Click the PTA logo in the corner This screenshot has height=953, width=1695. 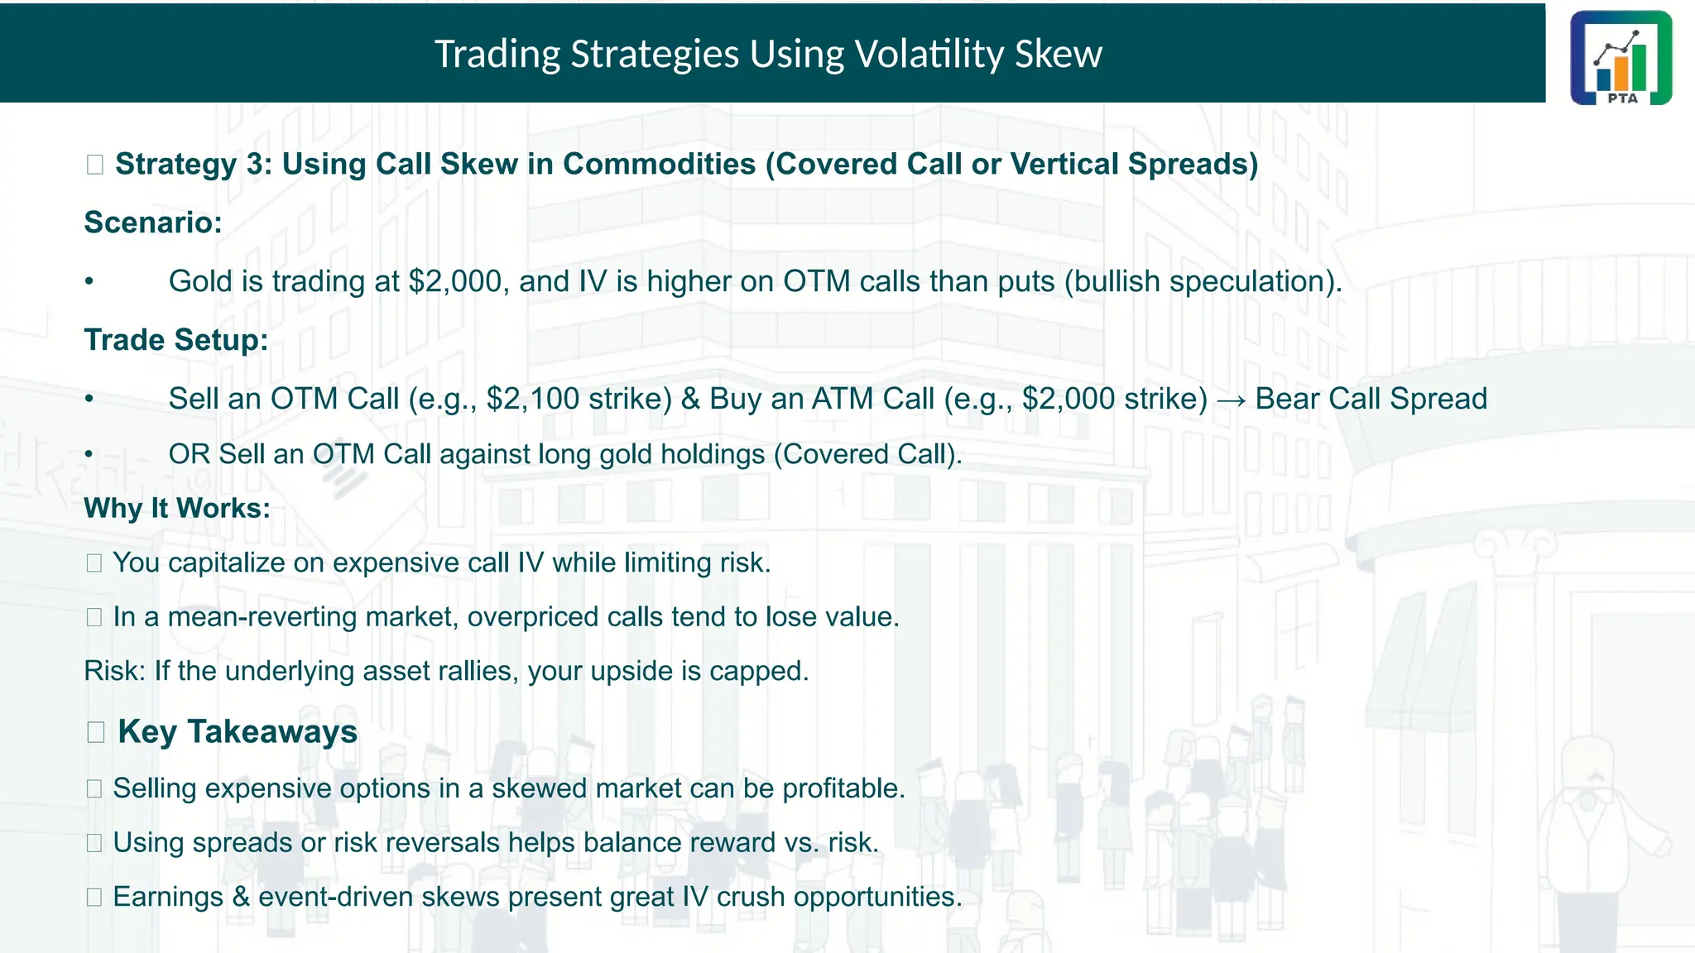1621,58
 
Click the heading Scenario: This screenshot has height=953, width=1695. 153,223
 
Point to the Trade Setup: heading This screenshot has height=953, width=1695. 176,340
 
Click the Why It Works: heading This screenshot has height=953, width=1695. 177,508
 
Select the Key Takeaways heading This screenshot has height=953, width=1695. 238,732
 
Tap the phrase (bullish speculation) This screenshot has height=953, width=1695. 1203,281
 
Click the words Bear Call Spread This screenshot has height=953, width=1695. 1371,399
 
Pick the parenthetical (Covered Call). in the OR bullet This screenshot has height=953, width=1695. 867,454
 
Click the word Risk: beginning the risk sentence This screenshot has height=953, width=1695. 115,671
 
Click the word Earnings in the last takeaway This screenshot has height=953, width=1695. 168,897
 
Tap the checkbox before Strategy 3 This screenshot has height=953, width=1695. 94,165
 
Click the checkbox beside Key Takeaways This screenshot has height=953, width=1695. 95,732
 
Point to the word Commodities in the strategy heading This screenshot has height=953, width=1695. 659,164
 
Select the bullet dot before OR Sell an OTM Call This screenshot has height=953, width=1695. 89,454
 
